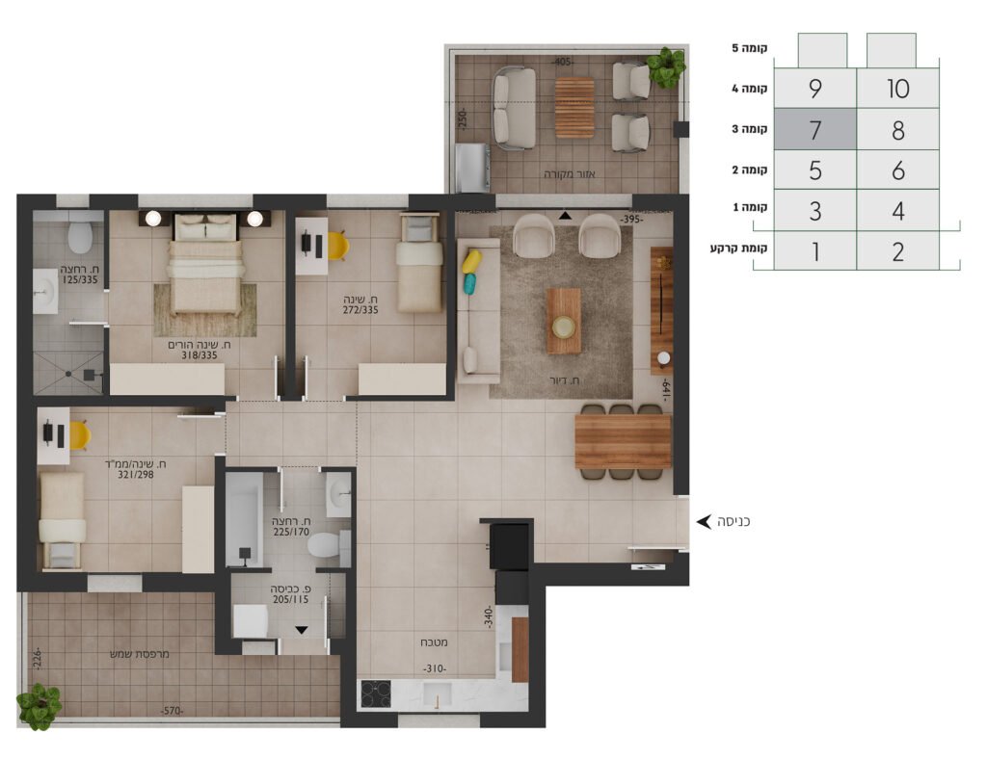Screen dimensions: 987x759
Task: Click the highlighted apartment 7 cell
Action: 814,129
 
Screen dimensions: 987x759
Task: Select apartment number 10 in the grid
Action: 897,88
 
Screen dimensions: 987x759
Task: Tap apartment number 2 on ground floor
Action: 897,251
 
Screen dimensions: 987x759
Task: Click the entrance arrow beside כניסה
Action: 704,521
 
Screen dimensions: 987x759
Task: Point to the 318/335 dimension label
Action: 199,355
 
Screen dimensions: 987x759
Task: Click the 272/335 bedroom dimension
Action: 360,310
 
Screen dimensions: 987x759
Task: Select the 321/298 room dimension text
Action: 135,475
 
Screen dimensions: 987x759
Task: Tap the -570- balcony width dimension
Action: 172,711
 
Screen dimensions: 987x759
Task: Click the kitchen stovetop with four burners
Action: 376,694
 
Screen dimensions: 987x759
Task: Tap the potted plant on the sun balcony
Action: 39,707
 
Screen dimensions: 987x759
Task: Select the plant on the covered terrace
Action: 666,67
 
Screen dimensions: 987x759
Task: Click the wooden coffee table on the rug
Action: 563,321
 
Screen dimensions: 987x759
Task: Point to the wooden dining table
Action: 624,441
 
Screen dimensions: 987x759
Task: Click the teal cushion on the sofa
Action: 469,283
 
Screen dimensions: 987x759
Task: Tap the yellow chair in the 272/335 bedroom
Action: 337,246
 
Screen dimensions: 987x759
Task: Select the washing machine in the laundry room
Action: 251,620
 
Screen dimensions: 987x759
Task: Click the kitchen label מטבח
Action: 434,642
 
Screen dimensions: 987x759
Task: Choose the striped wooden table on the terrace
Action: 574,107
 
